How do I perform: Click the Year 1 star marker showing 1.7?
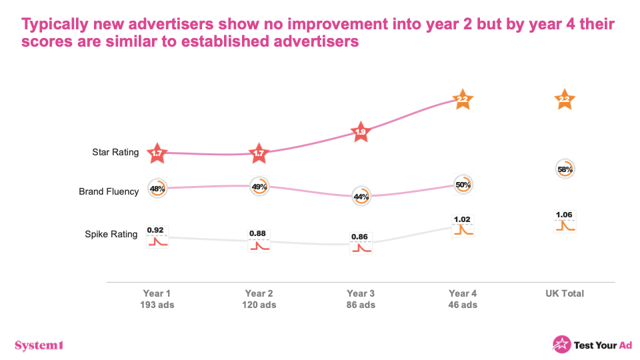pos(157,153)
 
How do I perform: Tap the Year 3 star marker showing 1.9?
pos(361,132)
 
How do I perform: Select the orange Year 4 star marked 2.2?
pos(463,99)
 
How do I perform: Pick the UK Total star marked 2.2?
pos(565,99)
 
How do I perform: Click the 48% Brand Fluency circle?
pos(157,189)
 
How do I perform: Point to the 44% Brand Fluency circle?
pos(361,196)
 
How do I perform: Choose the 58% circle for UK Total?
pos(565,169)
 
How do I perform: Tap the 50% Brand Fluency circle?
pos(463,185)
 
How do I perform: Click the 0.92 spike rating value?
pos(155,230)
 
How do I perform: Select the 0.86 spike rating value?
pos(359,237)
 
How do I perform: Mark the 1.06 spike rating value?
pos(564,215)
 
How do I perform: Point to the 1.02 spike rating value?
pos(462,219)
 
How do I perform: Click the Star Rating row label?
pos(115,152)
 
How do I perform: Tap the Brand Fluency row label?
pos(109,191)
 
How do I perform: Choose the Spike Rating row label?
pos(111,234)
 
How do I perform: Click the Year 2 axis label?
pos(259,293)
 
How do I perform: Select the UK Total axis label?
pos(565,293)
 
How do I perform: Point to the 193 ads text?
pos(157,305)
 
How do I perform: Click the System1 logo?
pos(39,345)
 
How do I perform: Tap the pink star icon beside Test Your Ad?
pos(561,345)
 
